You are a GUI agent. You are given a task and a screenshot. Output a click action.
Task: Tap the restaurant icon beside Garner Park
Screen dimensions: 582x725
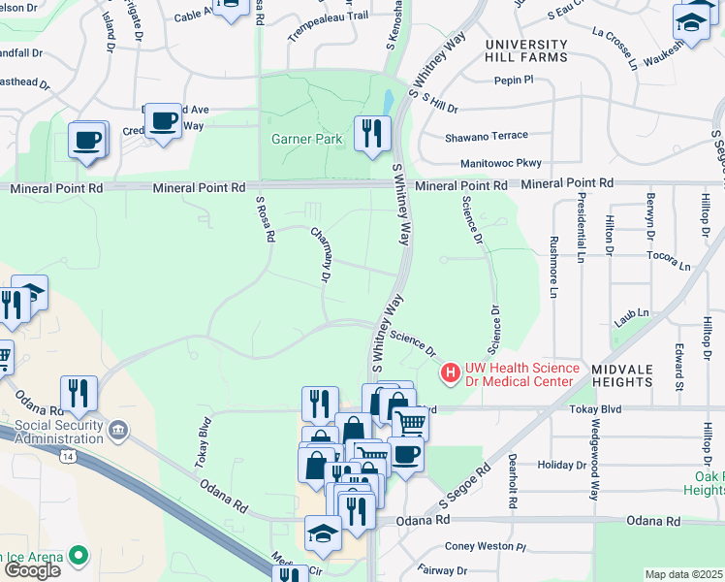pos(372,133)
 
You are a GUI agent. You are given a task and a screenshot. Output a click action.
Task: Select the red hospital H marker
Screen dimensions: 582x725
pos(451,371)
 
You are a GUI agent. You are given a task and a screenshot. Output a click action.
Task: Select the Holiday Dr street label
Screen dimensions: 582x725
pos(562,466)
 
